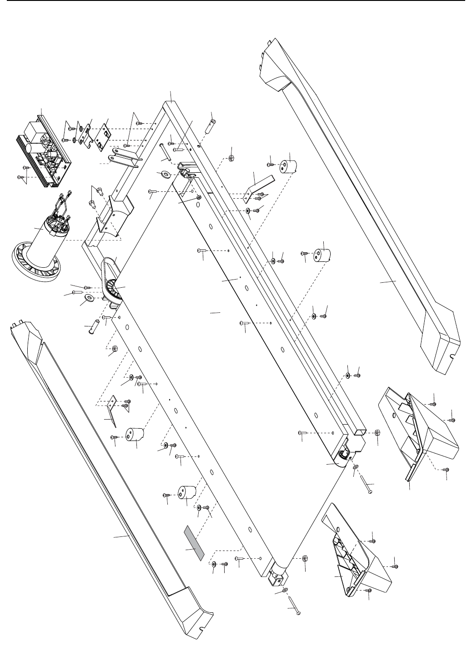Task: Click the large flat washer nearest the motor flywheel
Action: coord(89,298)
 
